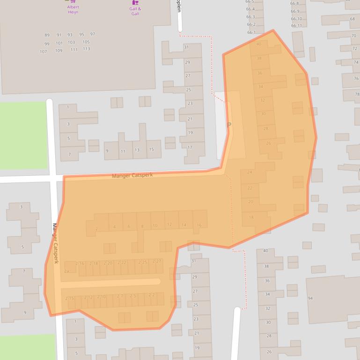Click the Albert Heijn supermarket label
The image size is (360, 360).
coord(73,9)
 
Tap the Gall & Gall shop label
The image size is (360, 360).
coord(135,11)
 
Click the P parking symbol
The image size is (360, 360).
coord(229,125)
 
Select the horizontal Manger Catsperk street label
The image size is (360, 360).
coord(132,176)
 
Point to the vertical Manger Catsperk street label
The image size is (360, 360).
coord(55,243)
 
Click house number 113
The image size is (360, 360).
coord(87,49)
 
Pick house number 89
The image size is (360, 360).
coord(47,36)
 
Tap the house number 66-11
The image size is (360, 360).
coord(296,26)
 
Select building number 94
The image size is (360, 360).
coord(310,298)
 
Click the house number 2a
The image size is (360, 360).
coord(66,271)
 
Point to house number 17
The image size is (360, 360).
coord(190,148)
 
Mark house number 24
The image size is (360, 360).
coord(250,173)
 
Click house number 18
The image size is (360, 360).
coord(251,217)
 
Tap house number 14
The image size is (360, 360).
coord(184,225)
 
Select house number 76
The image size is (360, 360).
coord(356,79)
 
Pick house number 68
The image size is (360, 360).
coord(352,19)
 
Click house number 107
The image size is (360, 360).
coord(44,52)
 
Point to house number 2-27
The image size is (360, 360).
coord(157,261)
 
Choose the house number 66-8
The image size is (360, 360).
coord(294,3)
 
